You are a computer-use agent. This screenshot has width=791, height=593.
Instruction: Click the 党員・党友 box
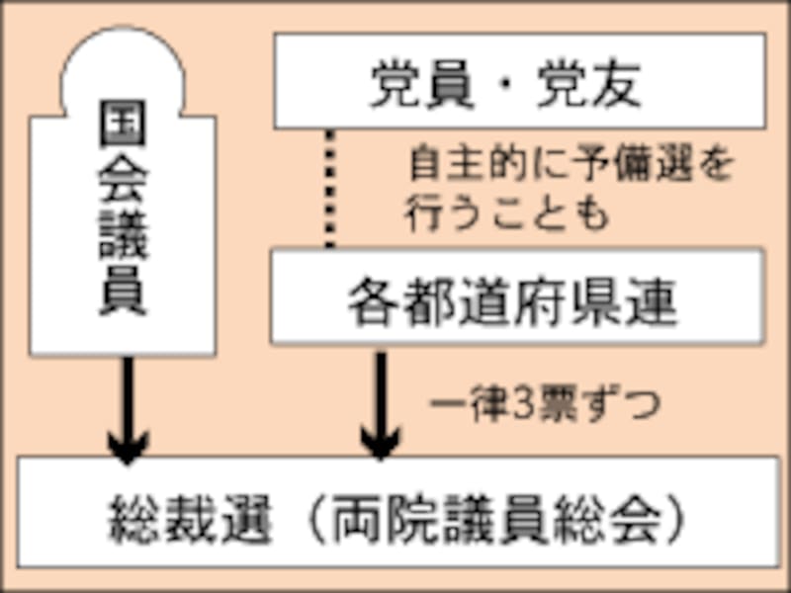(519, 82)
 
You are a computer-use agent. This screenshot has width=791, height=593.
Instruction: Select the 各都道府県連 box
(517, 296)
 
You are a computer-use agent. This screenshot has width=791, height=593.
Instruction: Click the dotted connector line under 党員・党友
(330, 188)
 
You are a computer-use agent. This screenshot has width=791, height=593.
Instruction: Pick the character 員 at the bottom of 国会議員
(123, 291)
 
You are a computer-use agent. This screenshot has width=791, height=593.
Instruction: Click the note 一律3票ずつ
(545, 404)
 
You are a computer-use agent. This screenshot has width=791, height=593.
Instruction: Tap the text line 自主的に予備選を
(571, 165)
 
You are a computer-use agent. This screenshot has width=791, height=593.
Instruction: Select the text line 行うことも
(507, 214)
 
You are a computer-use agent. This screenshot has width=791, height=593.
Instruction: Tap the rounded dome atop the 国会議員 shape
(123, 64)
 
